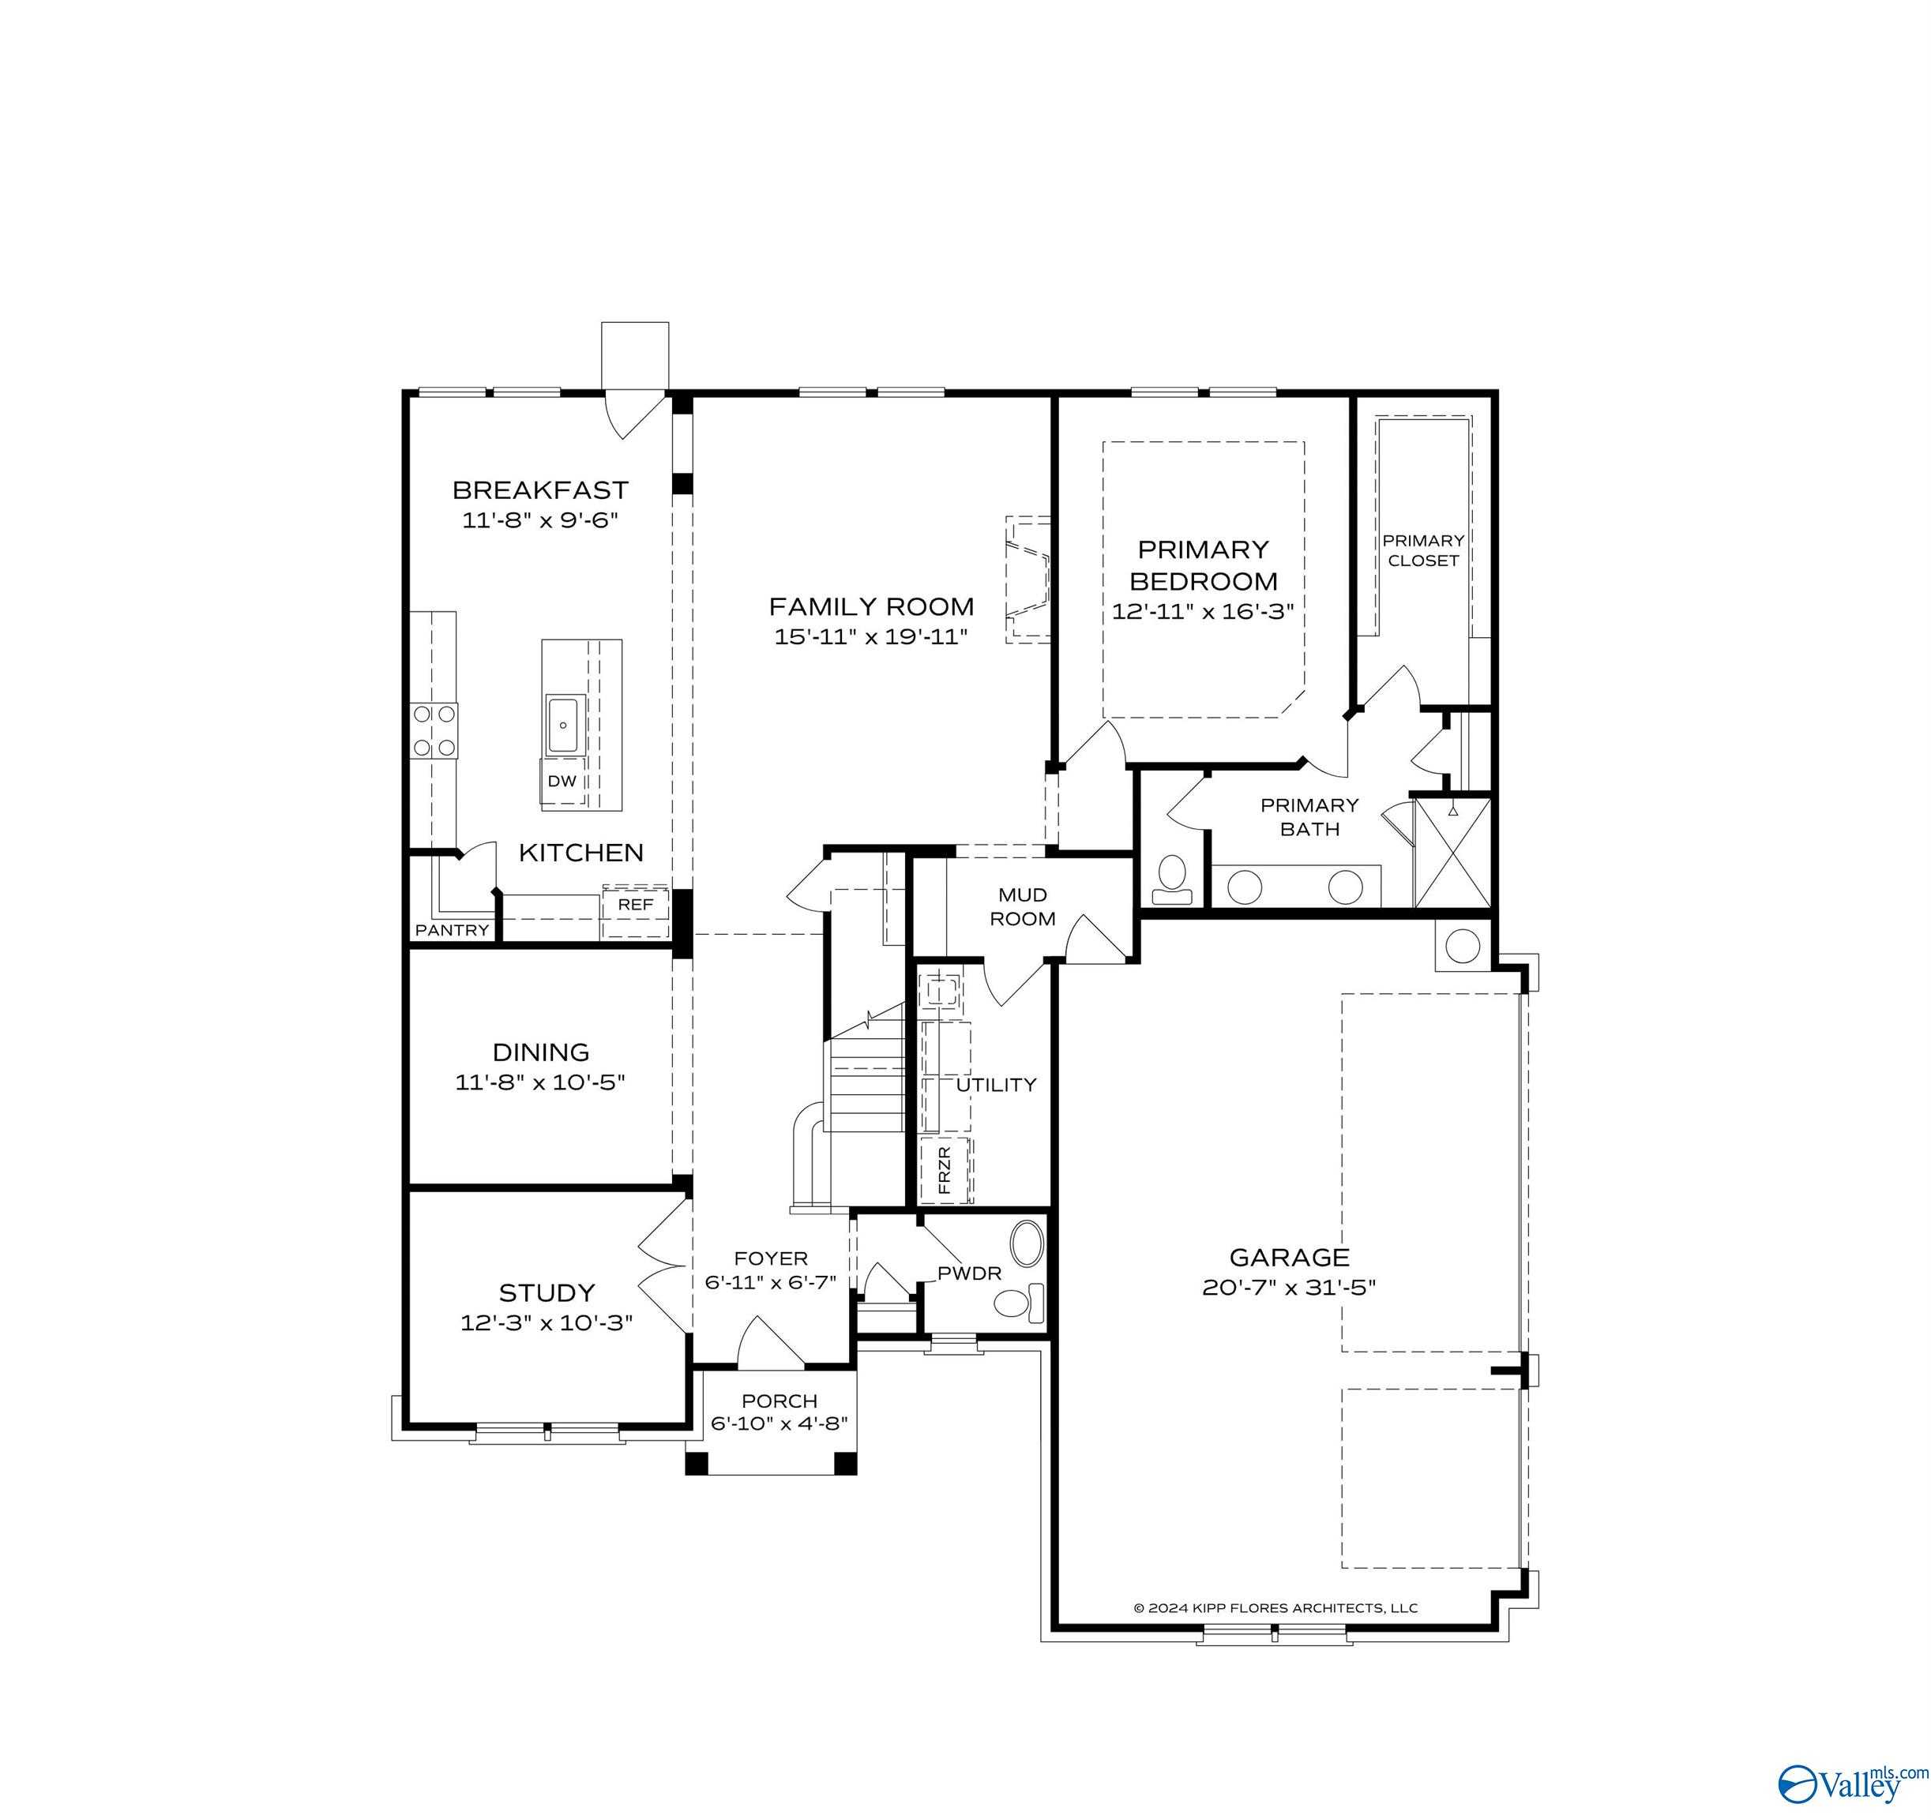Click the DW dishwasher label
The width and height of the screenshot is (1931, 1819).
tap(562, 781)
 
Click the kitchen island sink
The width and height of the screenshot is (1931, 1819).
tap(565, 726)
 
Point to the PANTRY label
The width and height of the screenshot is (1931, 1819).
tap(452, 930)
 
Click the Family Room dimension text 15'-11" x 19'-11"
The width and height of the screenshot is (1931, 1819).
tap(870, 637)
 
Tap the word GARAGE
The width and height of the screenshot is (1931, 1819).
tap(1289, 1258)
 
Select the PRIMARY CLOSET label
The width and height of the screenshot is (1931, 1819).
tap(1423, 549)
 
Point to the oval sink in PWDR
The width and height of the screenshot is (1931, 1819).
tap(1027, 1242)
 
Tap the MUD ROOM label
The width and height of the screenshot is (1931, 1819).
tap(1022, 906)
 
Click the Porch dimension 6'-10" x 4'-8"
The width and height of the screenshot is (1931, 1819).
tap(779, 1423)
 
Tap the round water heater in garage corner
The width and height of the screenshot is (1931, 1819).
tap(1462, 944)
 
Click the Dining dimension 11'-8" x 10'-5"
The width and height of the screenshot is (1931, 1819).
tap(540, 1082)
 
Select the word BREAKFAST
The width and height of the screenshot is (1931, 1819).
tap(540, 489)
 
